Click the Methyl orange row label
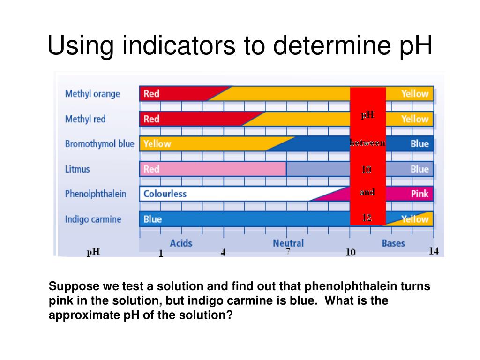pos(92,94)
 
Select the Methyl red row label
pos(85,119)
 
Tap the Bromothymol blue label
pos(99,144)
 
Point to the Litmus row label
pos(77,169)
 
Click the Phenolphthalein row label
pos(96,194)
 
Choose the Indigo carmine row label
pos(93,219)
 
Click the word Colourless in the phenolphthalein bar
pos(165,194)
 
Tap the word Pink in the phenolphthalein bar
pos(420,194)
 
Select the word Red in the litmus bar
pos(151,169)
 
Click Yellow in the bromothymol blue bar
pos(157,143)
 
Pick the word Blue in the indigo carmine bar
pos(152,219)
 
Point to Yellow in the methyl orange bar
pos(414,94)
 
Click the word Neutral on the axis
pos(288,243)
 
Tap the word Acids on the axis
pos(181,243)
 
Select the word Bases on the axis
pos(393,243)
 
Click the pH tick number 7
pos(288,252)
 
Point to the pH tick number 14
pos(434,251)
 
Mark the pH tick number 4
pos(223,253)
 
